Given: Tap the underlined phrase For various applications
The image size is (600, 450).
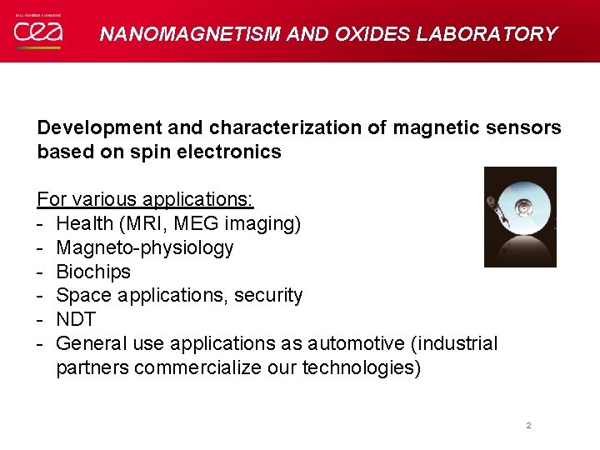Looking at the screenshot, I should point(145,200).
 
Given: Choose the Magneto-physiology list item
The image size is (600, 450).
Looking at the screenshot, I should point(145,248).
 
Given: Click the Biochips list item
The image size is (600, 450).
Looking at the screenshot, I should point(93,272).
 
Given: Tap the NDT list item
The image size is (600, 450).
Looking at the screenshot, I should point(76,319).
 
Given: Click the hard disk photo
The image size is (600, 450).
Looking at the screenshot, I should point(520,217).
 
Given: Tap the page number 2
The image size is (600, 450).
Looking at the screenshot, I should point(528,426).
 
